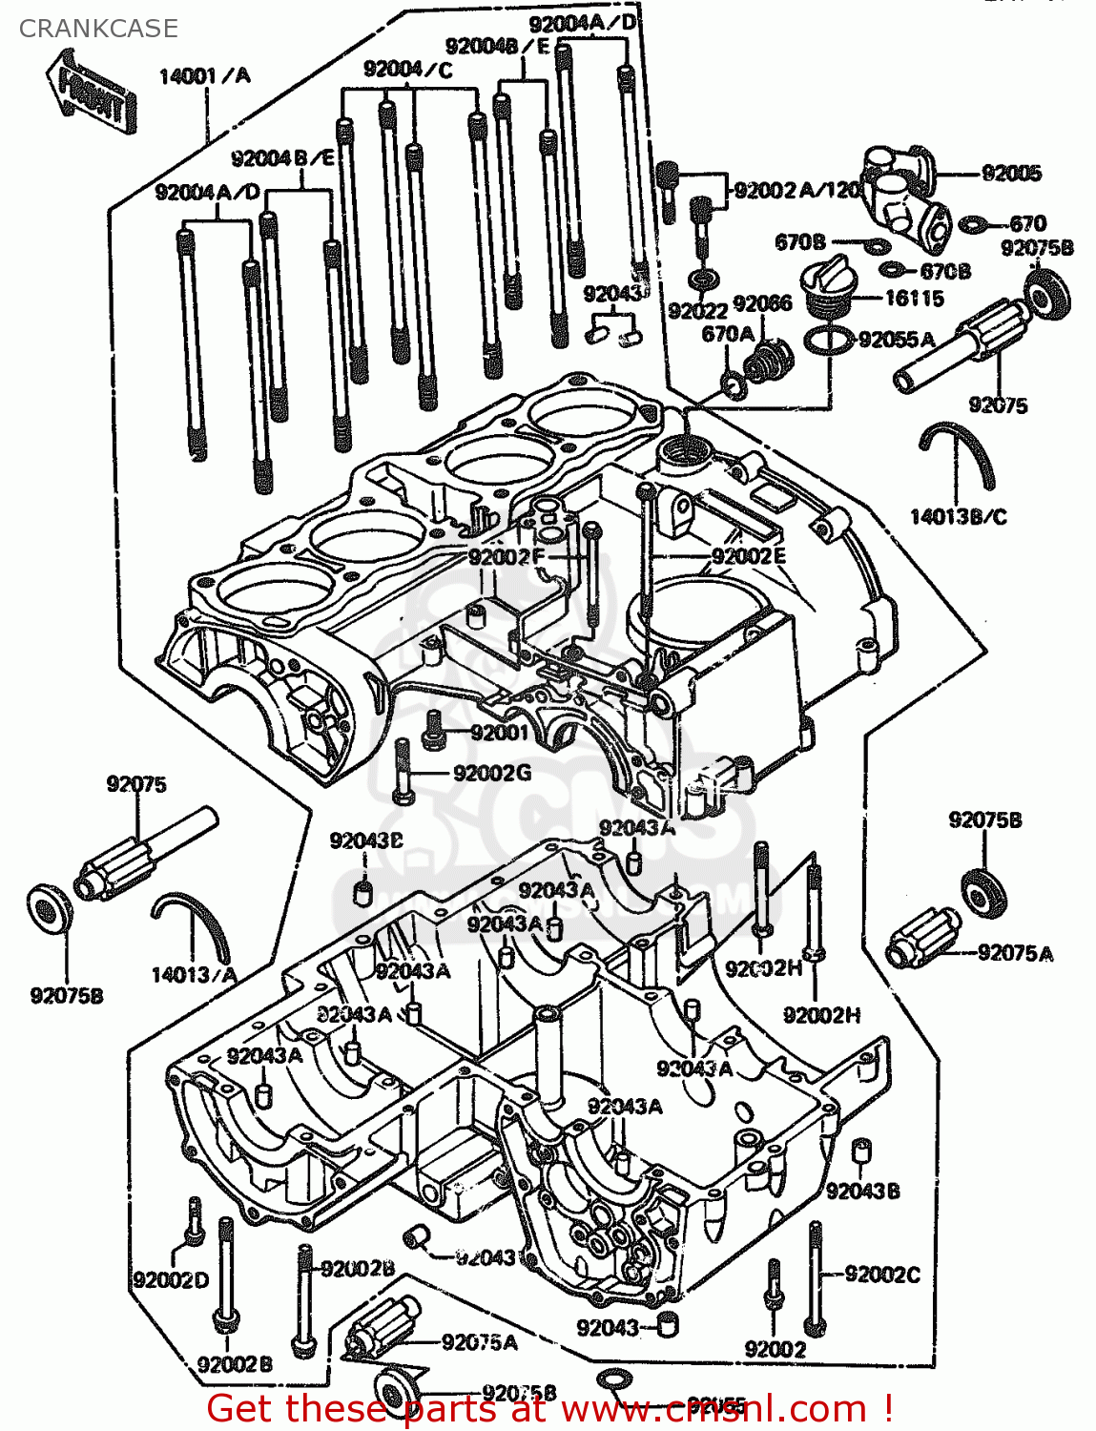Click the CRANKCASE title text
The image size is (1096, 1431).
point(97,29)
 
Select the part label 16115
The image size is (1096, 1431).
point(913,299)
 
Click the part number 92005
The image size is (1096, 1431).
point(1011,173)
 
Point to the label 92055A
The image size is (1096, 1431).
point(897,340)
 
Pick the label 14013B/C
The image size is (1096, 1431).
point(958,517)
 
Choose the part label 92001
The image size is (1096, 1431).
point(499,733)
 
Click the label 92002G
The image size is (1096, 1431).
point(492,773)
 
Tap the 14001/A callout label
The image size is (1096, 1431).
point(204,76)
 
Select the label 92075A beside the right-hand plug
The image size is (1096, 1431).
point(1015,953)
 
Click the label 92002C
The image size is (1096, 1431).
point(882,1275)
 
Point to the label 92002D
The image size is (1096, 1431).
point(171,1280)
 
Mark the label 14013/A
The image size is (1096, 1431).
point(194,975)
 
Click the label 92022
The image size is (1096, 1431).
point(697,311)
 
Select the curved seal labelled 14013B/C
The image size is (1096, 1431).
point(957,454)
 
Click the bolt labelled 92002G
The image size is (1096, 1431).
point(402,772)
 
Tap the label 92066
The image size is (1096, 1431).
point(762,303)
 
